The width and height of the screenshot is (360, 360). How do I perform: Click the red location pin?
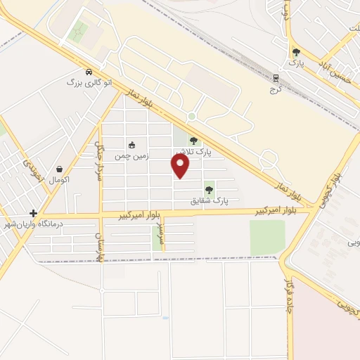click(181, 166)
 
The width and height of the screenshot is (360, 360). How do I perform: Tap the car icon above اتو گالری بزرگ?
click(87, 72)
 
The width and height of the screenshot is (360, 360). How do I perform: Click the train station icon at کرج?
click(276, 78)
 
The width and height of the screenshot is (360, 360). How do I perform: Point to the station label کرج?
click(274, 89)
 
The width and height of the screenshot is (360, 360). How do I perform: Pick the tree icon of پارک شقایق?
click(208, 189)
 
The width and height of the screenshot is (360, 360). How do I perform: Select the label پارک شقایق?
click(210, 200)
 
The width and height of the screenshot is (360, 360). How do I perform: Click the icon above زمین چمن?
click(131, 145)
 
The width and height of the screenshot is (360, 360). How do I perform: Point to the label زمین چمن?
click(131, 156)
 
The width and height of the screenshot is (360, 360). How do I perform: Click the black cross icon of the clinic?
click(33, 213)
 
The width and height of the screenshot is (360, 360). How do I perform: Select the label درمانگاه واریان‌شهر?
click(34, 224)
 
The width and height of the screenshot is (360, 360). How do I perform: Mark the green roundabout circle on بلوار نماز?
click(191, 116)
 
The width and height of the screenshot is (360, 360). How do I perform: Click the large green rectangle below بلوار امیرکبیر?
click(267, 238)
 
